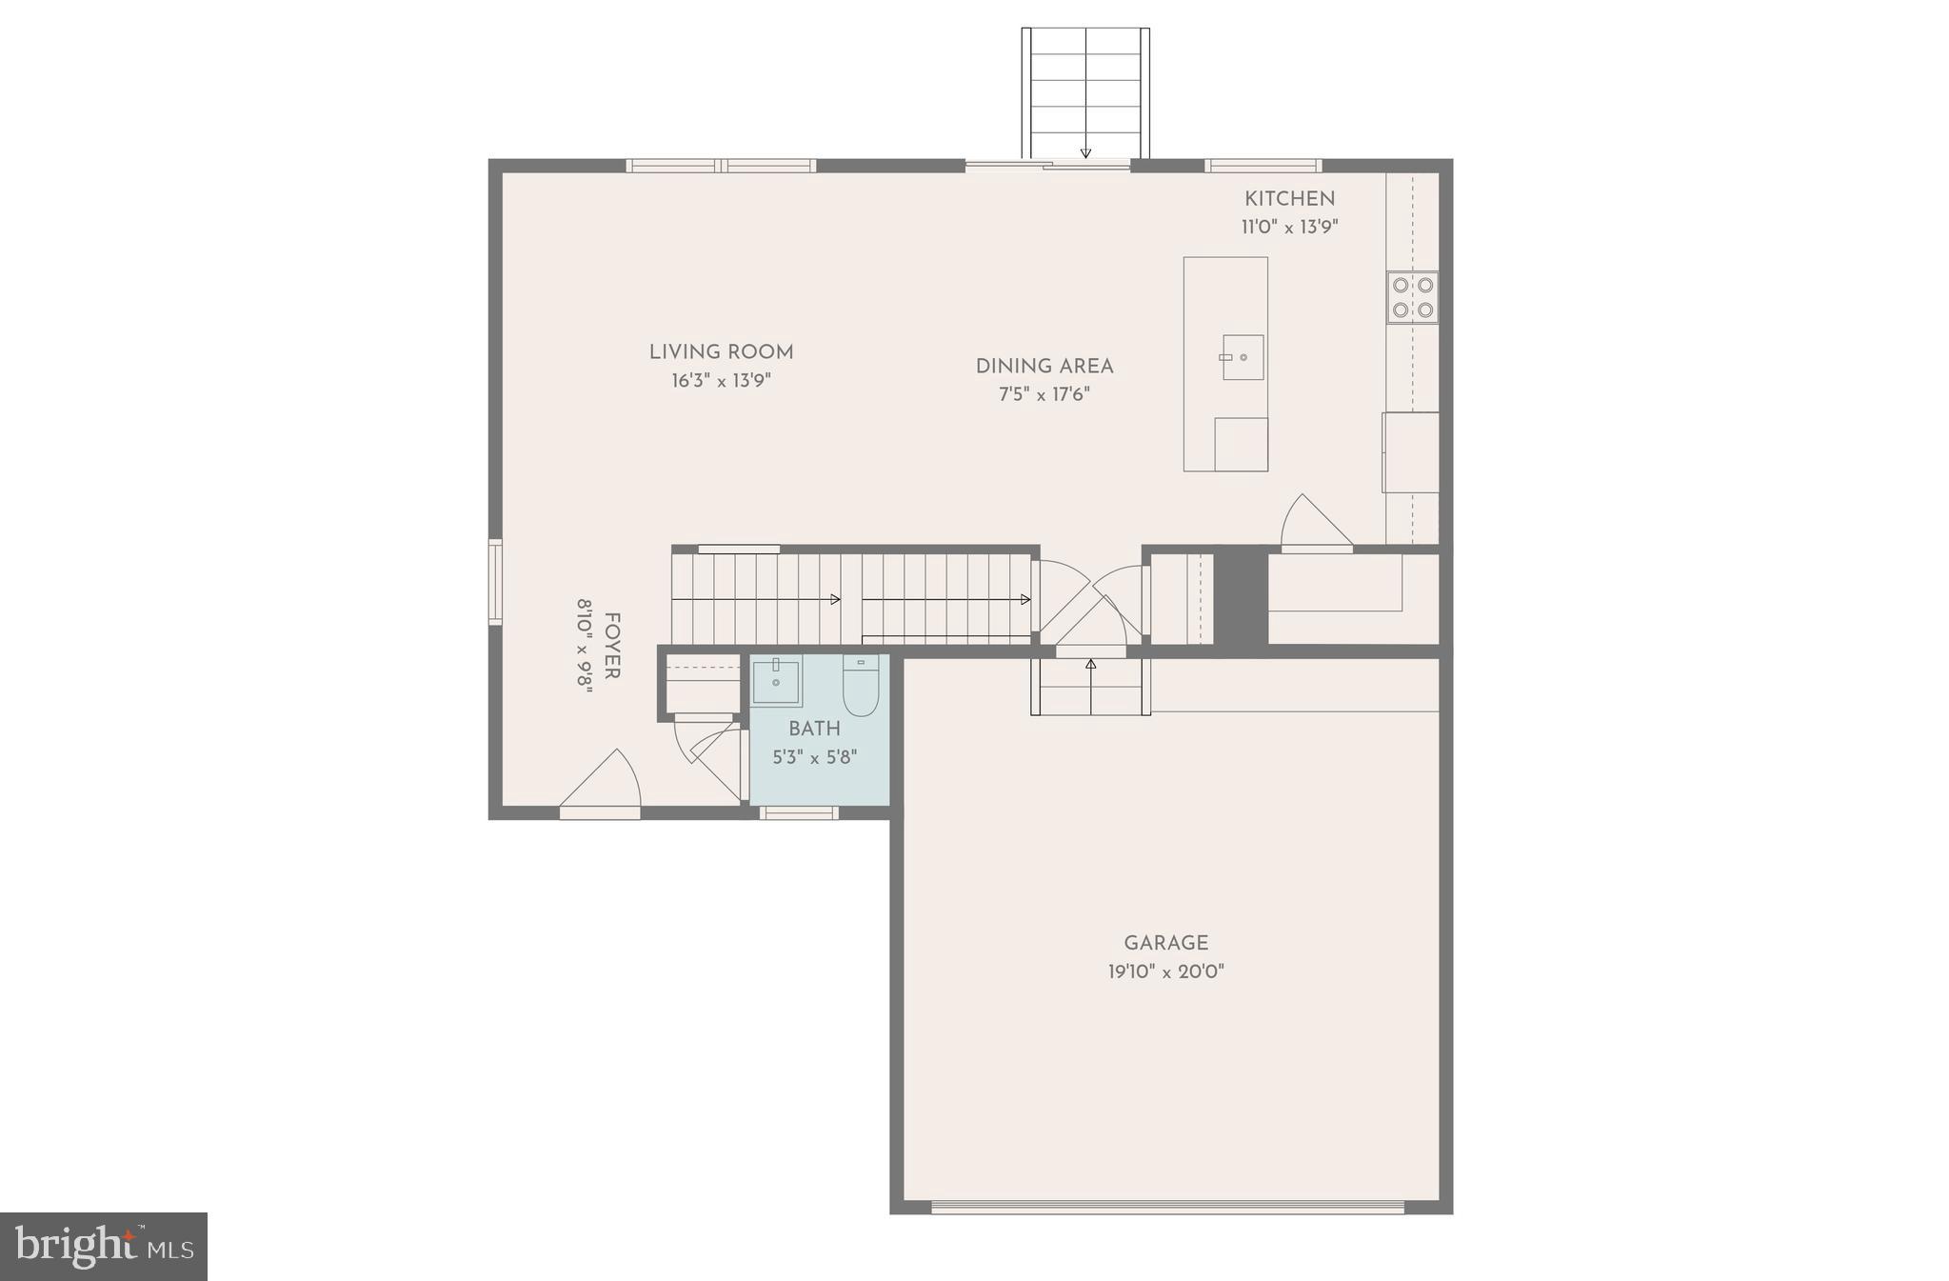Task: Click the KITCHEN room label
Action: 1289,199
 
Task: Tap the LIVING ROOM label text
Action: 721,352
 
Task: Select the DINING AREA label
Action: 1044,367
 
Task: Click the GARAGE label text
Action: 1165,943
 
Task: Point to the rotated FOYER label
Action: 612,646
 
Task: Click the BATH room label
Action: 814,729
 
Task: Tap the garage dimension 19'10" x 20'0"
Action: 1165,972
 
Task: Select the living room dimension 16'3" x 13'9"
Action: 721,381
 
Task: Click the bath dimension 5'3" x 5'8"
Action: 814,758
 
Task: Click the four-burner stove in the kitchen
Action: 1412,297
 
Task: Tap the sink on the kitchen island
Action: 1243,357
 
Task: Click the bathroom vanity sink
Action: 776,681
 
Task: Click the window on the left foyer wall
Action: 495,582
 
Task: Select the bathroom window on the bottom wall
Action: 799,812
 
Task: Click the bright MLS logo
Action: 104,1246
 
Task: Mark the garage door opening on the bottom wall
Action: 1167,1207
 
